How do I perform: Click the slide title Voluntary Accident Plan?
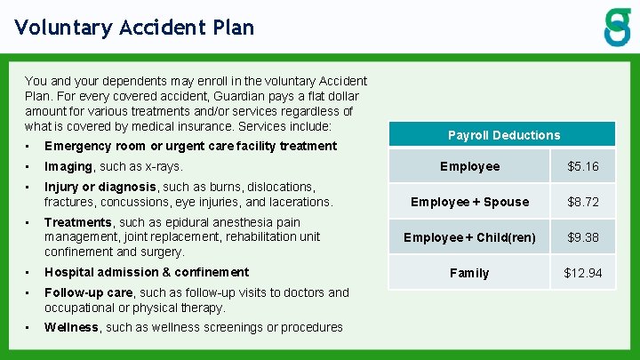134,27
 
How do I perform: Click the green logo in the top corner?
617,27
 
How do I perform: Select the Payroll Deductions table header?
504,135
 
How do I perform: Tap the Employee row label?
469,166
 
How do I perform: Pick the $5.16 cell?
583,166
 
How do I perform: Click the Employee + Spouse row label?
469,202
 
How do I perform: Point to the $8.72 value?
583,202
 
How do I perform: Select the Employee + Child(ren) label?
469,237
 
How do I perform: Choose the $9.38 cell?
583,237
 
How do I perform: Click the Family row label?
469,273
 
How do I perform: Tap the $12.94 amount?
583,273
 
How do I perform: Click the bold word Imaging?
68,166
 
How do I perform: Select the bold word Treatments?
78,222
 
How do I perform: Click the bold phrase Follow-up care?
90,292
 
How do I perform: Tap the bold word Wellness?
72,327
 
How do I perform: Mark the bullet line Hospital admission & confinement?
147,272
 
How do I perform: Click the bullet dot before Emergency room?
28,146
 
